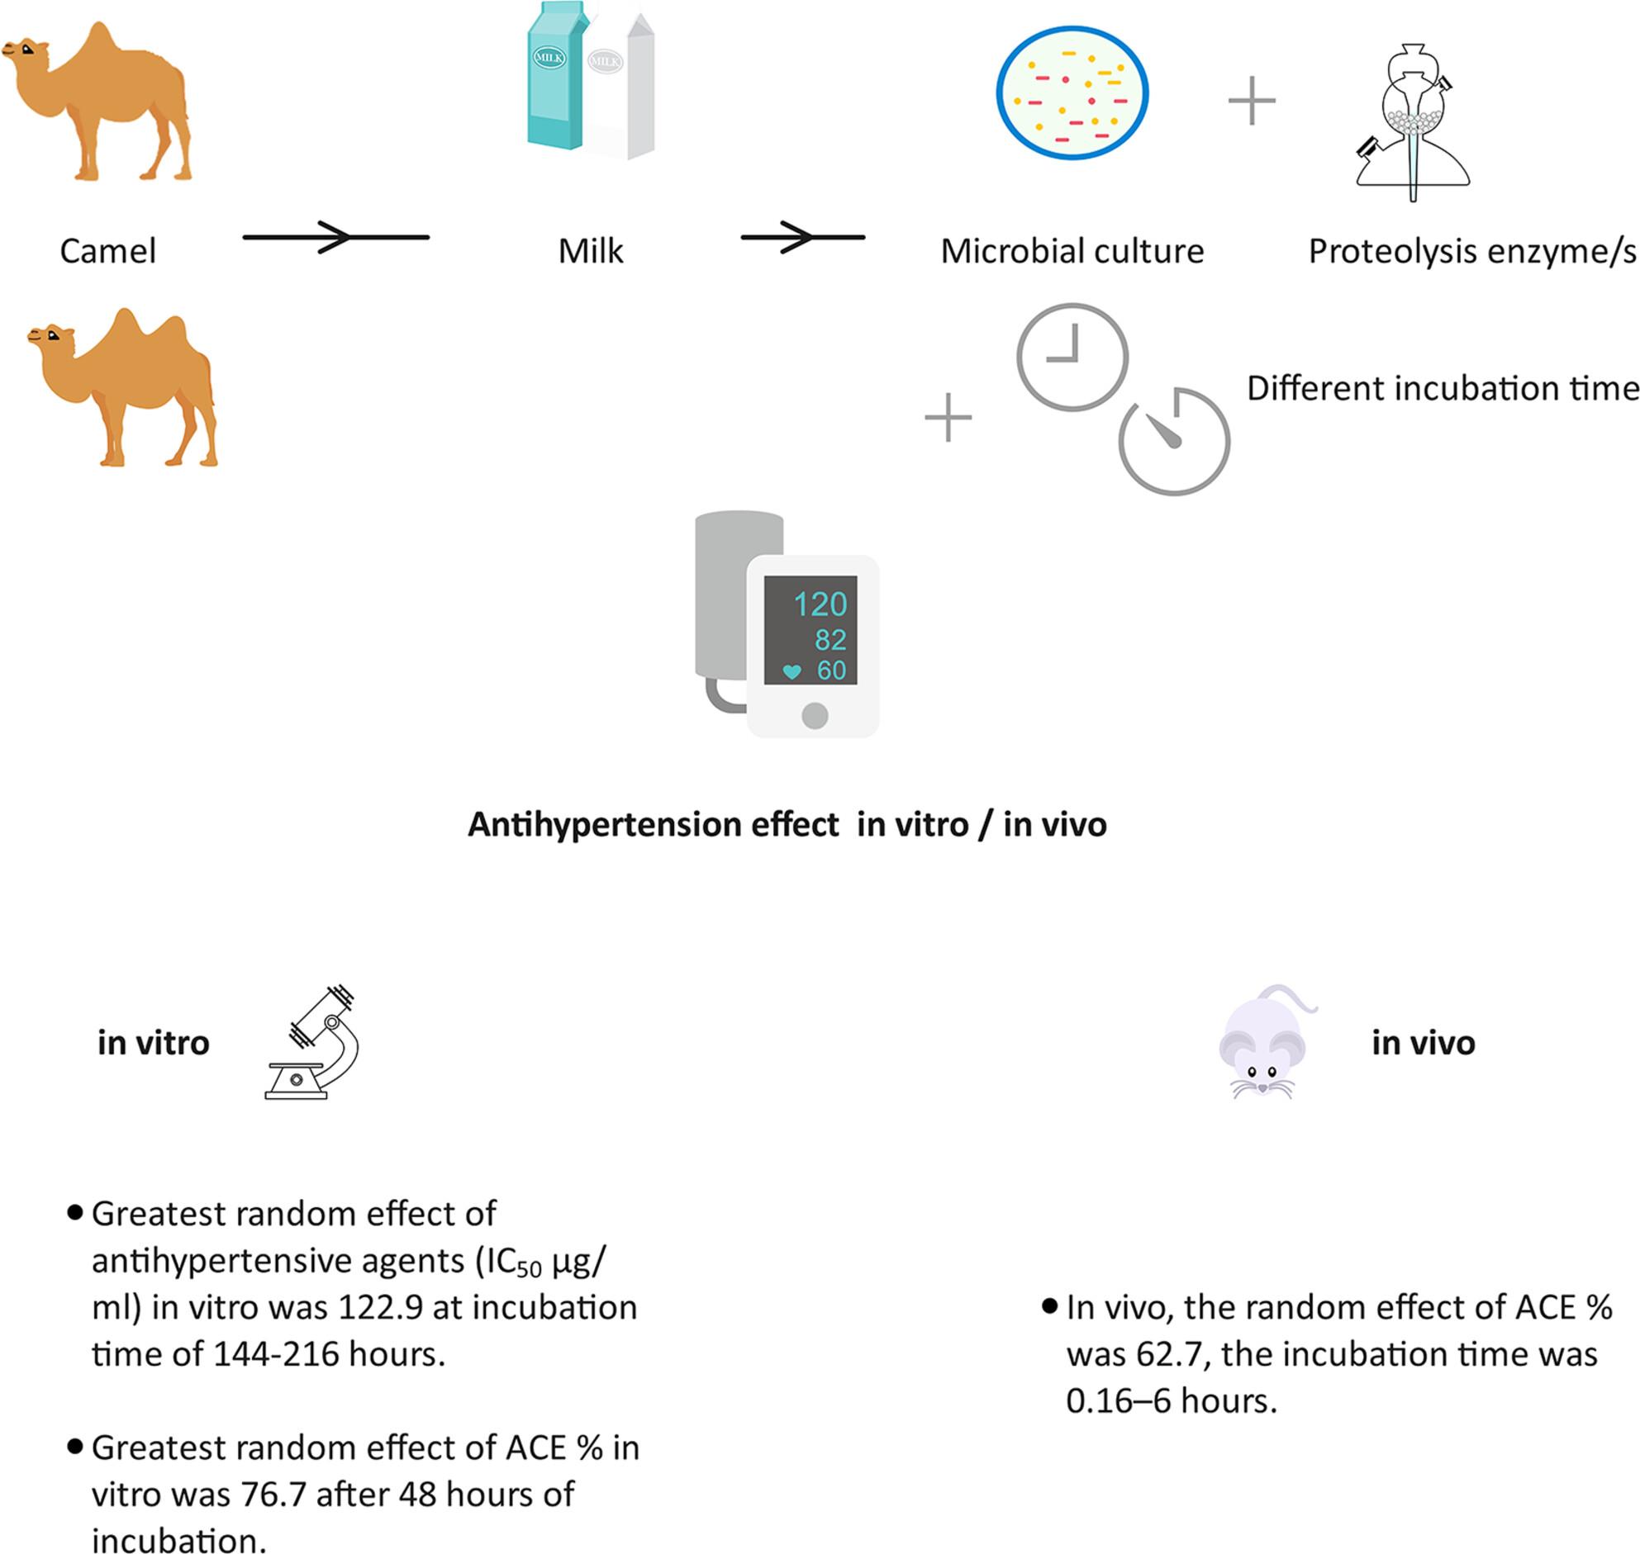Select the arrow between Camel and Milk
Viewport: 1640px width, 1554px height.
[335, 238]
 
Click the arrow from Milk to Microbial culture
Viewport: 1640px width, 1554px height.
[802, 238]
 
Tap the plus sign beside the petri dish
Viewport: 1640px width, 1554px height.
[1252, 101]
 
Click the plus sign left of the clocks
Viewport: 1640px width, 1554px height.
[948, 417]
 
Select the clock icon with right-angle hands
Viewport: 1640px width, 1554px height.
[1072, 357]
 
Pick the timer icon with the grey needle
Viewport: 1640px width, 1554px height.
[1174, 441]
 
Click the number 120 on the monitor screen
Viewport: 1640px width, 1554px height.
[820, 604]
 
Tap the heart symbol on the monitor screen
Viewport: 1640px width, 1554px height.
[791, 672]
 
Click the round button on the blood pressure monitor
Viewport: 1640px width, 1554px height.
[815, 716]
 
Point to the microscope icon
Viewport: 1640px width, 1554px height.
[311, 1042]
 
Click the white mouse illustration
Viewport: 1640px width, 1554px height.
[1266, 1041]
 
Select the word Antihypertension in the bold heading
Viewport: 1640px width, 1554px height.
[654, 825]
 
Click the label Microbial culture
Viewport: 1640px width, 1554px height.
[1072, 251]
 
